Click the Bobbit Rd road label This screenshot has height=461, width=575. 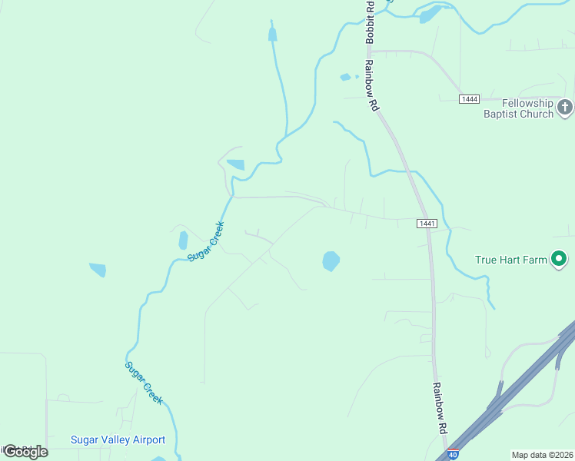(371, 22)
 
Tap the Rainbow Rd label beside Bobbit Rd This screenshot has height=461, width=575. (374, 85)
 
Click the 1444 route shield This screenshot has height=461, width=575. (470, 99)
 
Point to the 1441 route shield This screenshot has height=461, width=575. (427, 223)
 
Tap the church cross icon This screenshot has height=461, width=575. (565, 107)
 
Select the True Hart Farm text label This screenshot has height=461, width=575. (510, 260)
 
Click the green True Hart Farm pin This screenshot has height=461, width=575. (560, 259)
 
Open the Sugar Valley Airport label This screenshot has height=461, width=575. (118, 439)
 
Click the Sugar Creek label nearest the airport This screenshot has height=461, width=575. (145, 383)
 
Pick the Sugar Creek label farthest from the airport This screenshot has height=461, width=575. (206, 240)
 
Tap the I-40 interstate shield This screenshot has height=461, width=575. (454, 455)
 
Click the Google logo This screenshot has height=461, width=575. (25, 451)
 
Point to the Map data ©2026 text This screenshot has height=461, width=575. (542, 455)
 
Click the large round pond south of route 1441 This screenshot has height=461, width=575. (331, 261)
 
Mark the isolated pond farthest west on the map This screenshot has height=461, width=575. (98, 270)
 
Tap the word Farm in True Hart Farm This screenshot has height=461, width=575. (535, 260)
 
